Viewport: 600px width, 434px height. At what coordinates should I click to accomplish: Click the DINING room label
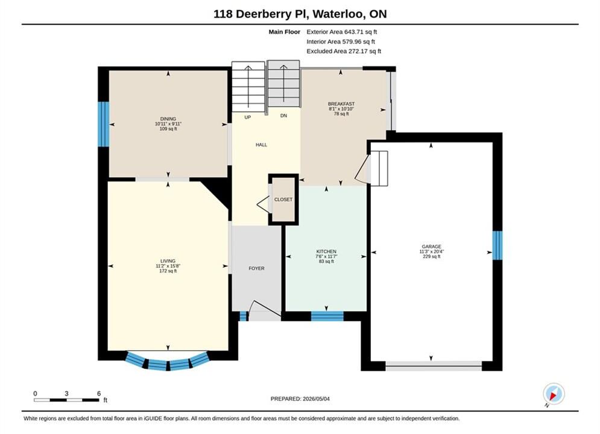[168, 119]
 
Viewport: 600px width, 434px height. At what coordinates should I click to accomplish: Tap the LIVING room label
[168, 261]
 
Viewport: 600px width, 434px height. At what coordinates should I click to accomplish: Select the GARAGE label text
[432, 247]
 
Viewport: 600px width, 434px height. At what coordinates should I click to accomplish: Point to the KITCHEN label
[326, 251]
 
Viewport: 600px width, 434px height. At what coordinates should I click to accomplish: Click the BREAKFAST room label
[341, 104]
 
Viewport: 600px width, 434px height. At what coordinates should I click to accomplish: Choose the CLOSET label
[283, 200]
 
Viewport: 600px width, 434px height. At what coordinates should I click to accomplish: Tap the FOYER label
[256, 268]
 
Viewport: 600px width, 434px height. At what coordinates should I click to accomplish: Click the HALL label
[261, 145]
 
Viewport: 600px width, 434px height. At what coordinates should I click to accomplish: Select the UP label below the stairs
[248, 117]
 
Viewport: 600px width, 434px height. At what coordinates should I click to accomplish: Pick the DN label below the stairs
[283, 116]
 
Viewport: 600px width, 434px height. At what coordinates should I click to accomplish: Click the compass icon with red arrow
[554, 394]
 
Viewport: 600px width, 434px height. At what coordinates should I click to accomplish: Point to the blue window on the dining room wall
[103, 124]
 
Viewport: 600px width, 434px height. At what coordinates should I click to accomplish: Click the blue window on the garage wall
[497, 245]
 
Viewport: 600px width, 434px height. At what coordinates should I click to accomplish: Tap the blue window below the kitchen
[327, 316]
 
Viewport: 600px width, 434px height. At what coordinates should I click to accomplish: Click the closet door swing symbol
[262, 204]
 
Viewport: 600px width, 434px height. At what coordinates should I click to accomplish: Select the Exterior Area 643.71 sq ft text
[342, 32]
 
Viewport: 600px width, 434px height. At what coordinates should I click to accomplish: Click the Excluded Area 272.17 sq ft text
[344, 51]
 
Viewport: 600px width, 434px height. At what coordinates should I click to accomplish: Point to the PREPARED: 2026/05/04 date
[300, 398]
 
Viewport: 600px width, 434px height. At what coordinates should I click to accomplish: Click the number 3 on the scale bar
[66, 393]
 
